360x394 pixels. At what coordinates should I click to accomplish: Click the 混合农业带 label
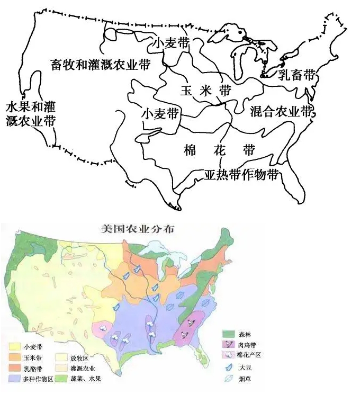pos(283,111)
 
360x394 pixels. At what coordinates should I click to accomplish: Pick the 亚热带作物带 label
pos(241,175)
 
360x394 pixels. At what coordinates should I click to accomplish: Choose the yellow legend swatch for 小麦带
pos(15,347)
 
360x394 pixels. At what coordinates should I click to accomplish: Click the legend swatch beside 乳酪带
pos(15,368)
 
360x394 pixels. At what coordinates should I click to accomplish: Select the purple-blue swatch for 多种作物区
pos(15,379)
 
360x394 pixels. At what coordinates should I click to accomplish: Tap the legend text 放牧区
pos(86,358)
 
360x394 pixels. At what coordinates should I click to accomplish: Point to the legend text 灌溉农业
pos(89,368)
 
